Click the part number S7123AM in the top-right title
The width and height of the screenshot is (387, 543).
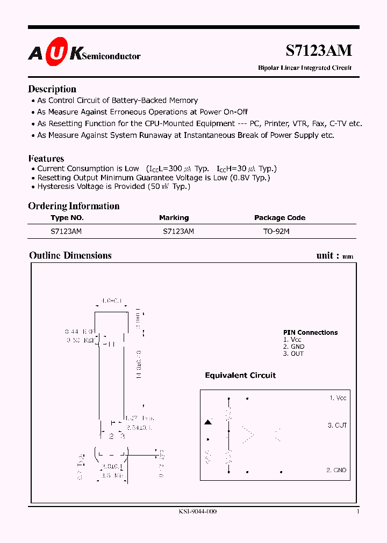[x=318, y=50]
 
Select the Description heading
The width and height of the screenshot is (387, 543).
[x=52, y=89]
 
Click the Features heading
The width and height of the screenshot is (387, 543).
[x=46, y=158]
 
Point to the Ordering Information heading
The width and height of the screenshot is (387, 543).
[x=74, y=206]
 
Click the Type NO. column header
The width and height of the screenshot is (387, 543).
[x=67, y=218]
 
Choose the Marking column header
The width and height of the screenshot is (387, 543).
[x=174, y=218]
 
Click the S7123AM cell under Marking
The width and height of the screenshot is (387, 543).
[x=178, y=231]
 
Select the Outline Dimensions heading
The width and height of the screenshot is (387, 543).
[x=70, y=255]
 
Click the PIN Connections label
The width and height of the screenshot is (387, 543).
[x=310, y=333]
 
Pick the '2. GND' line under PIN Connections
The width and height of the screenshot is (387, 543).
[x=293, y=347]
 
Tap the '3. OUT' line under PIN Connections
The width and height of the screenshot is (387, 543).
[x=293, y=354]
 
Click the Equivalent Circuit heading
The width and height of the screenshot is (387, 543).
[x=240, y=376]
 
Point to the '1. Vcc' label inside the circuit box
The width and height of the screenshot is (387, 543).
[x=338, y=398]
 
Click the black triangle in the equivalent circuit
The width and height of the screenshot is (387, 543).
[x=207, y=423]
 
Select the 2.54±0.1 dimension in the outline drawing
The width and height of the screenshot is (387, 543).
[x=139, y=428]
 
